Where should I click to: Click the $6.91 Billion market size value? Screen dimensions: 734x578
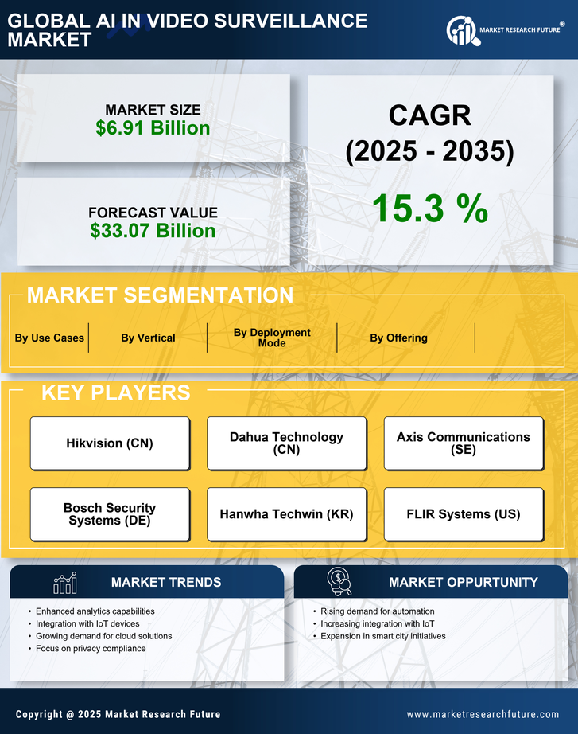coord(153,128)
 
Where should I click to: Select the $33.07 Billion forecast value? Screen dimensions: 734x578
coord(153,231)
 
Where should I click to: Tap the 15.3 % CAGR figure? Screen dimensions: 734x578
coord(429,208)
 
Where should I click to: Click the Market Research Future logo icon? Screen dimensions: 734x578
coord(461,31)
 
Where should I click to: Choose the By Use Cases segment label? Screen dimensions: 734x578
coord(49,338)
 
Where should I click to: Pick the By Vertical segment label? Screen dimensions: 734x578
coord(148,338)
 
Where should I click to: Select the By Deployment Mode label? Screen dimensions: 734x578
coord(272,338)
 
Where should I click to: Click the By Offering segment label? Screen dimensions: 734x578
coord(398,338)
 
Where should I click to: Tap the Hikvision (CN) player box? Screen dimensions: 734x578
coord(110,443)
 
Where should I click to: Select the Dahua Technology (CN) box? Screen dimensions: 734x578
coord(286,443)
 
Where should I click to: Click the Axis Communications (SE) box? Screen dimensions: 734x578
coord(464,443)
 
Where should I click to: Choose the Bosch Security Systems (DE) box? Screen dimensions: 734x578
coord(110,514)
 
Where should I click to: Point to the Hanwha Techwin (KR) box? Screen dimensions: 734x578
coord(286,514)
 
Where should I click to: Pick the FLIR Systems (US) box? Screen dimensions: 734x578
coord(464,514)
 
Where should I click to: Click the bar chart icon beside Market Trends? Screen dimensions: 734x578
coord(64,583)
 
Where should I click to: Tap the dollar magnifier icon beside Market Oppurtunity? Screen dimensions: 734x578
coord(339,582)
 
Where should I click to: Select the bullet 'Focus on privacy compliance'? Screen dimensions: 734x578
coord(90,649)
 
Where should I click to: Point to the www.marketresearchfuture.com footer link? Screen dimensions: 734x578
coord(483,714)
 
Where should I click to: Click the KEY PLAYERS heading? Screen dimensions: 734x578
coord(115,392)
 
